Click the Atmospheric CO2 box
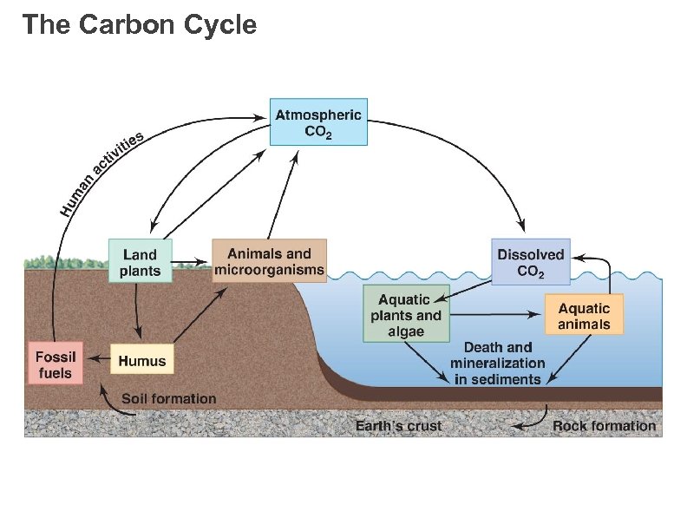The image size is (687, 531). click(318, 121)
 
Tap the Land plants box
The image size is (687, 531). click(140, 261)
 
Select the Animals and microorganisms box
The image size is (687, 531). click(269, 261)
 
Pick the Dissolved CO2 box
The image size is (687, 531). click(531, 262)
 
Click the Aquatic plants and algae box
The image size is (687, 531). click(406, 315)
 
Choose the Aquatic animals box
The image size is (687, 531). click(584, 316)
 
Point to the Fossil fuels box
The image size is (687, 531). click(56, 364)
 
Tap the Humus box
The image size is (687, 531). click(141, 360)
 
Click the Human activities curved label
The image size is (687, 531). click(101, 173)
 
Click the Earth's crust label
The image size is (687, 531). click(398, 426)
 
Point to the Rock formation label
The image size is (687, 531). click(604, 426)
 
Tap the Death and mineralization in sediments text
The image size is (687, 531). click(497, 363)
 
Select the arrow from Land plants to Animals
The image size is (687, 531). click(191, 260)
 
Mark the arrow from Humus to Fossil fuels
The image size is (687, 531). click(97, 360)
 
